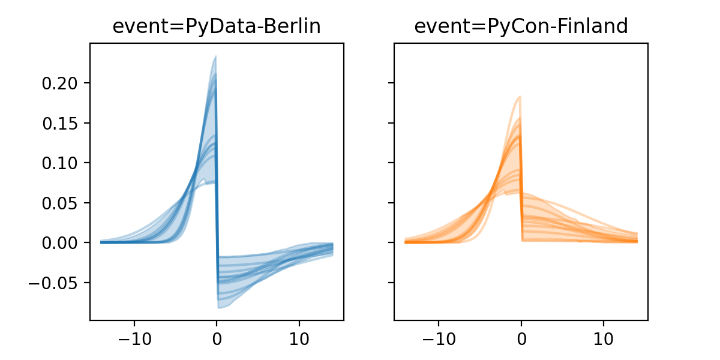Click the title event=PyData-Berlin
click(217, 27)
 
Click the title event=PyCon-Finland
click(521, 27)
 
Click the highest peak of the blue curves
click(215, 57)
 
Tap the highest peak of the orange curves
click(520, 97)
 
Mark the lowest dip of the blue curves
click(219, 308)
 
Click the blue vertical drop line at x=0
click(217, 180)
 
